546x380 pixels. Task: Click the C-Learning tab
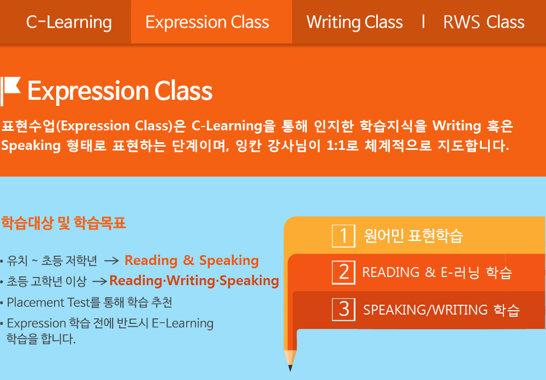[x=69, y=22]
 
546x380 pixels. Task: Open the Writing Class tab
[x=354, y=22]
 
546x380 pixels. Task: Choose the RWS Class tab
[x=484, y=22]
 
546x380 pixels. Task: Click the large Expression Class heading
[x=120, y=91]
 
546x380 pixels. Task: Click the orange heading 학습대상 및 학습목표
[x=63, y=223]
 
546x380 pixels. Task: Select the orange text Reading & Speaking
[x=192, y=261]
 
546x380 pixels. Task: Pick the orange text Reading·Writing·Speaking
[x=194, y=281]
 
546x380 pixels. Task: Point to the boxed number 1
[x=343, y=236]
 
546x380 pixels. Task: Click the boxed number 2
[x=343, y=273]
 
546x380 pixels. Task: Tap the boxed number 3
[x=343, y=310]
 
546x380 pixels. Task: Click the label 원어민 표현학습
[x=413, y=236]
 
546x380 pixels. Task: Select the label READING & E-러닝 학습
[x=437, y=273]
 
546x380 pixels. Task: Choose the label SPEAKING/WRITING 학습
[x=441, y=310]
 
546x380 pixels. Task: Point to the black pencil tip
[x=290, y=369]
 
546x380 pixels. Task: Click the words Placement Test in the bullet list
[x=49, y=303]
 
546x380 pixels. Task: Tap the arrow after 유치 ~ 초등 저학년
[x=111, y=261]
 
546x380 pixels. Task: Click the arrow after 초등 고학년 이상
[x=99, y=281]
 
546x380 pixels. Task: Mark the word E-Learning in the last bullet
[x=182, y=323]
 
